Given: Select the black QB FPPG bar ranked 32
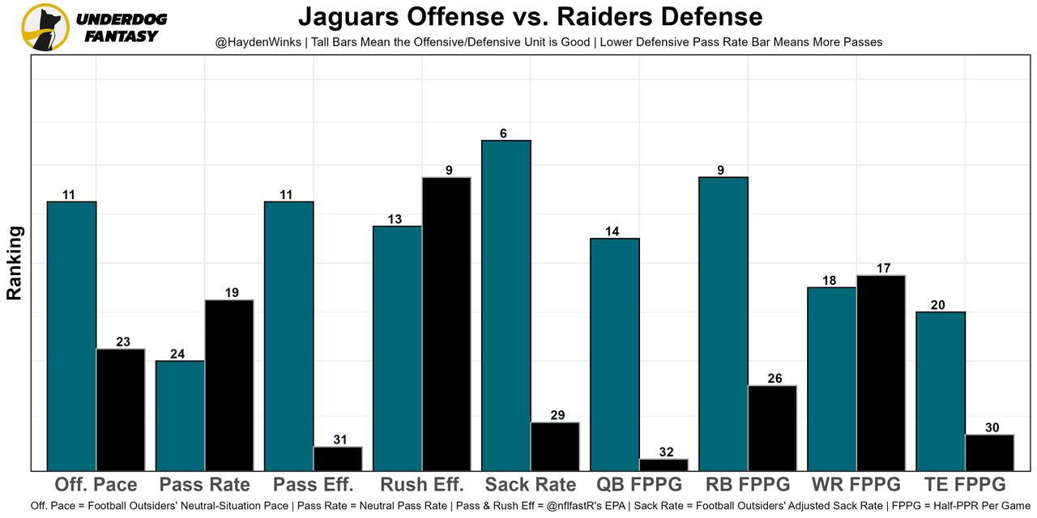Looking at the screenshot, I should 664,465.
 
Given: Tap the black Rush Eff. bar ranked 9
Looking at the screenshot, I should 446,324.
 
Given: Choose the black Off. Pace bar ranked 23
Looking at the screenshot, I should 121,410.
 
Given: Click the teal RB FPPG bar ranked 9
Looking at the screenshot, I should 723,324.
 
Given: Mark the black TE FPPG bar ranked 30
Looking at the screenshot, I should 989,452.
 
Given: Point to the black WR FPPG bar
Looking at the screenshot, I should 881,372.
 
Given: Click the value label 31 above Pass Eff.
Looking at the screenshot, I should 338,439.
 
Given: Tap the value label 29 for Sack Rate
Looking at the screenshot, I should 555,415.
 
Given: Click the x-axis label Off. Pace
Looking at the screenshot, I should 96,485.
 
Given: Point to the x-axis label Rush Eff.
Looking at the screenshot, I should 422,485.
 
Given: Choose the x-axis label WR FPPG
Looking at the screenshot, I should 856,485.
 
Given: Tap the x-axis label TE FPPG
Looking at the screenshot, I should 964,485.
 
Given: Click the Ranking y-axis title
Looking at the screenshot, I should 15,263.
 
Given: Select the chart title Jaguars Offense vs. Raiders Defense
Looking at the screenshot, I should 530,16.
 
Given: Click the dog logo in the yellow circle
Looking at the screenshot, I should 44,28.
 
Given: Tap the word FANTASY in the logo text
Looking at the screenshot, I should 122,36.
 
